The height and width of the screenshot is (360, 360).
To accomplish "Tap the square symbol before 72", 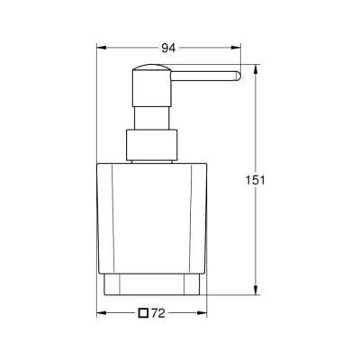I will pos(143,313).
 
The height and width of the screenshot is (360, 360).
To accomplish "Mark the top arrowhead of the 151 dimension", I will pos(255,68).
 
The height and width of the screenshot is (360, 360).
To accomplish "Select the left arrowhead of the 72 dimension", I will pos(102,313).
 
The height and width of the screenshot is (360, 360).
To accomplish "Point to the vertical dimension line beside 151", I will pos(255,234).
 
